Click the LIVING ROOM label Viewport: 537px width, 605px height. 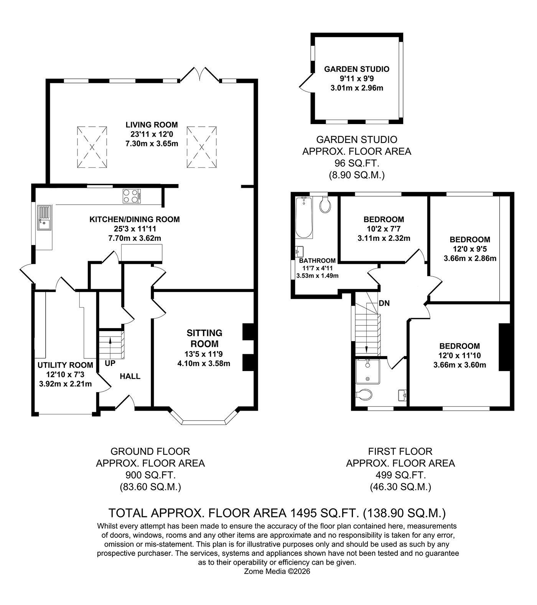tap(152, 124)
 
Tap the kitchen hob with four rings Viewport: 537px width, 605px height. tap(132, 196)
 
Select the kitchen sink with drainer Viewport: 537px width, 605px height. tap(44, 218)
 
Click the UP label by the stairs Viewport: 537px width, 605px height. tap(110, 363)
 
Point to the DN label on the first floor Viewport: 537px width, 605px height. tap(384, 303)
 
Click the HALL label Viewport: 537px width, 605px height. tap(130, 376)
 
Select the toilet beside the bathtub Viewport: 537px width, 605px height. tap(325, 205)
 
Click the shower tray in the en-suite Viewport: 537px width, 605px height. tap(367, 371)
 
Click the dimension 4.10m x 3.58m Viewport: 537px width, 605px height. tap(204, 363)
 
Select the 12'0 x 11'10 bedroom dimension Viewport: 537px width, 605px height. tap(460, 355)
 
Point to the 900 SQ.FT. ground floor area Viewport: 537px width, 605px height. tap(150, 475)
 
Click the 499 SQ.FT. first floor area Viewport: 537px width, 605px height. tap(400, 475)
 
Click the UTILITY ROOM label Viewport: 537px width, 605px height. tap(65, 365)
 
